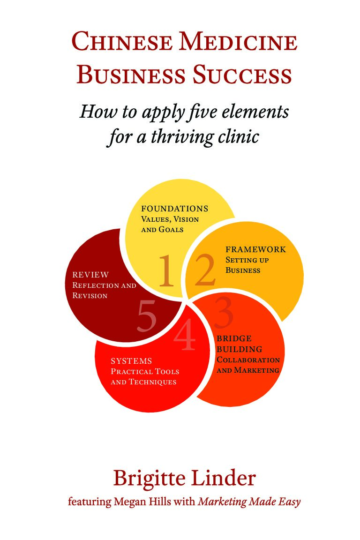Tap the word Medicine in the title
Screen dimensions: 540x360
click(239, 42)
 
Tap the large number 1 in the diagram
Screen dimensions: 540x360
click(166, 271)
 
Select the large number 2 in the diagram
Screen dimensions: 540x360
click(205, 271)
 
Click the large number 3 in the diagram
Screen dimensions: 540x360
click(224, 313)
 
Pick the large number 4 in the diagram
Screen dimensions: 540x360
click(185, 337)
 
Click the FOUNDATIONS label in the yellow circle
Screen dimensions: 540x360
click(175, 209)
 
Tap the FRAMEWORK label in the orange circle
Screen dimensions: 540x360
click(255, 249)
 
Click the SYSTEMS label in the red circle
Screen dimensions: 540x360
click(131, 361)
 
